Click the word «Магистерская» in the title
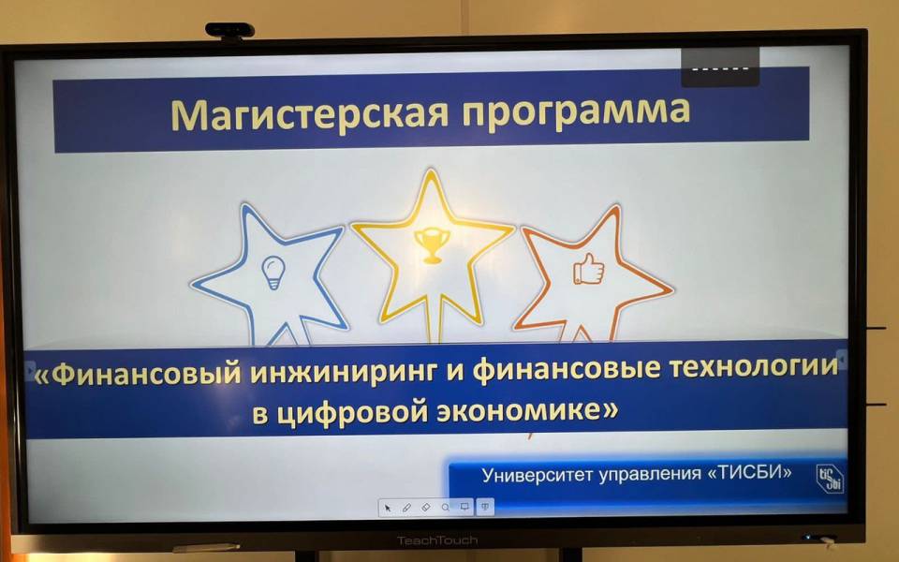310,114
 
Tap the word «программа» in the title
576,111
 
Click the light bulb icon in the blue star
273,273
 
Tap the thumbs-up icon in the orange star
588,269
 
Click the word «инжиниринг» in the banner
344,374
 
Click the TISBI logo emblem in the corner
829,479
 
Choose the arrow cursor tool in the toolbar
388,508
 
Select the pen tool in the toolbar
406,508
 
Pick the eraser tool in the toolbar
426,508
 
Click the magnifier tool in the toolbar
446,508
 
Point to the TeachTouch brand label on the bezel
437,540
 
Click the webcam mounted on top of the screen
230,31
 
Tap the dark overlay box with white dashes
720,67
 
